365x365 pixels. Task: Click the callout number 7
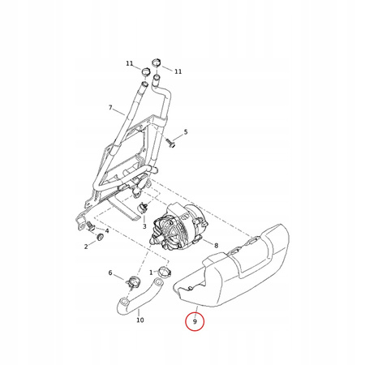[x=110, y=107]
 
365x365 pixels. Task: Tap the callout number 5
[x=186, y=132]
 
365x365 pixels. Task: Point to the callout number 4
[x=107, y=230]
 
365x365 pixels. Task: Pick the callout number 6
[x=110, y=273]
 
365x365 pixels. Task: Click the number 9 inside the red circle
[x=195, y=321]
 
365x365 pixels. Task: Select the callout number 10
[x=140, y=320]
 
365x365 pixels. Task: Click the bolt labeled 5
[x=172, y=144]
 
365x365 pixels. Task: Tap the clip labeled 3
[x=144, y=208]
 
